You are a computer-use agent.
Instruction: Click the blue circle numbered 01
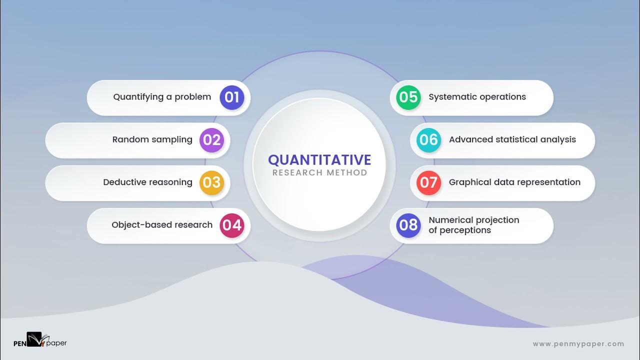(232, 97)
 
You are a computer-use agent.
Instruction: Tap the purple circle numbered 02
(211, 140)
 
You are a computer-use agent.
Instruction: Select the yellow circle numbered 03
(211, 182)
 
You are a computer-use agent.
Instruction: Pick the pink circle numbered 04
(232, 225)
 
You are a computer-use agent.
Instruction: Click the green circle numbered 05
(408, 97)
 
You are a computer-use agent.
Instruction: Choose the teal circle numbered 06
(428, 140)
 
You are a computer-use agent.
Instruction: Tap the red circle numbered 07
(428, 182)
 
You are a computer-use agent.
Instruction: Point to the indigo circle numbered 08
(408, 225)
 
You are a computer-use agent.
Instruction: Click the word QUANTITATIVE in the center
(319, 160)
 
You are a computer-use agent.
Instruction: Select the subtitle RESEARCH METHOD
(319, 173)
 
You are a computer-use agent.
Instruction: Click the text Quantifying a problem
(162, 97)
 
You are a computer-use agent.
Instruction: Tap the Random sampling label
(152, 140)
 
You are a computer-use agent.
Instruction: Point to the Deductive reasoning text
(147, 182)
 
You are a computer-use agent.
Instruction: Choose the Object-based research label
(162, 225)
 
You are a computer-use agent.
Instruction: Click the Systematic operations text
(477, 97)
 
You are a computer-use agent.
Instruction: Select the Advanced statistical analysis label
(512, 140)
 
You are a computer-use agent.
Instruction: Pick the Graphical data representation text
(514, 182)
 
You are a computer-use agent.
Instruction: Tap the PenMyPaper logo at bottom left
(39, 340)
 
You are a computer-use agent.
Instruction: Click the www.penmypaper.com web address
(578, 344)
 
